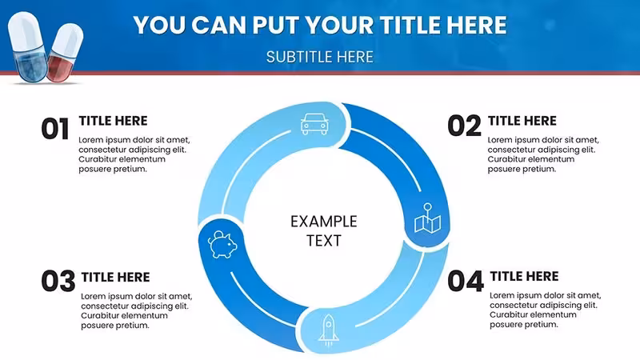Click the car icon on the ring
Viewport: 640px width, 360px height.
point(314,124)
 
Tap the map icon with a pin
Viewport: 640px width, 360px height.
point(427,218)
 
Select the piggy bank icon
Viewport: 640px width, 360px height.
point(222,245)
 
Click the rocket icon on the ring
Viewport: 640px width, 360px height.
point(329,330)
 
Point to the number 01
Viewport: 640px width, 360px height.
point(55,129)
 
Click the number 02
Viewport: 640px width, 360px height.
point(465,126)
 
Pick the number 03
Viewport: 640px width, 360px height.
point(58,281)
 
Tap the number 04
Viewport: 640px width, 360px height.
point(466,281)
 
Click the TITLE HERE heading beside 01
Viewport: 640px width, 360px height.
point(113,121)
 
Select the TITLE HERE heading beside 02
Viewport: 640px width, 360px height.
point(522,121)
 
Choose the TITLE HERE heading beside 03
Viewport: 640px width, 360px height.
point(115,277)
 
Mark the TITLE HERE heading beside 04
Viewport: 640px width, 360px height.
point(524,276)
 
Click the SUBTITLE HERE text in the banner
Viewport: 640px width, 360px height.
point(319,57)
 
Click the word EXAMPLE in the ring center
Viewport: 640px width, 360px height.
point(324,222)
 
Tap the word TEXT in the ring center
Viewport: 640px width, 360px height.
point(324,241)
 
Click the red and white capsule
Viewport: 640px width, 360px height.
point(65,52)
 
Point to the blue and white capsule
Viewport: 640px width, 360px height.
point(28,46)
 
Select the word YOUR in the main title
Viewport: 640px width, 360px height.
point(340,25)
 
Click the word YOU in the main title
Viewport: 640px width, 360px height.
point(159,25)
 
